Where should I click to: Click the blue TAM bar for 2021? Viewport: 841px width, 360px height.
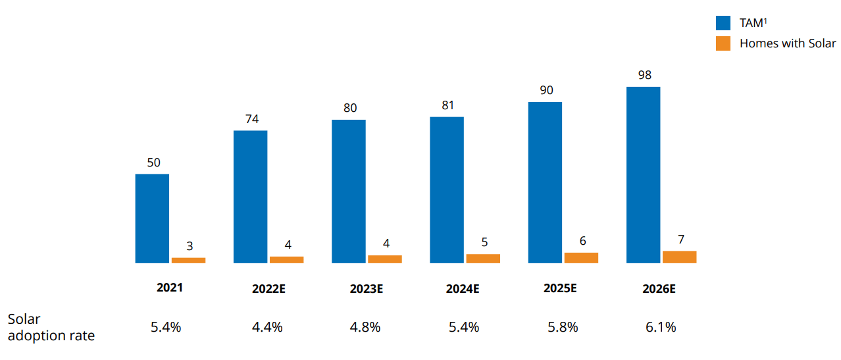click(x=152, y=219)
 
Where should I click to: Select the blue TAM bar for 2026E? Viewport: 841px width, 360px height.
click(x=643, y=175)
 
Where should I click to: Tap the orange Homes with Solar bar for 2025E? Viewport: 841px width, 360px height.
click(x=581, y=257)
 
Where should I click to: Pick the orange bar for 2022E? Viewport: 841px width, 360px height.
click(x=286, y=259)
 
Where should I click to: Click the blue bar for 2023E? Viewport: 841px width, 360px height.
click(x=348, y=192)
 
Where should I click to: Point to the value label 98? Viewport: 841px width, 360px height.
click(x=644, y=75)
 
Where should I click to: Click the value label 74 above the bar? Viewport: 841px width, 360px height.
click(x=251, y=119)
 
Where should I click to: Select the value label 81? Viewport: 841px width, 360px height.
click(x=447, y=105)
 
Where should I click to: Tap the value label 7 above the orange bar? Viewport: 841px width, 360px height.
click(x=680, y=240)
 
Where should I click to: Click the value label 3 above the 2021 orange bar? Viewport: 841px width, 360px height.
click(x=190, y=246)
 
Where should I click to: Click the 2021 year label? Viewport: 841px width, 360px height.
click(x=169, y=288)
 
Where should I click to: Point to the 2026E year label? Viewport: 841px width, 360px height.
click(x=659, y=288)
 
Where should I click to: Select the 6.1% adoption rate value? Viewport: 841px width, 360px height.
click(x=660, y=326)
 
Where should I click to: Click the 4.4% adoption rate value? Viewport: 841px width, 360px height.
click(x=267, y=326)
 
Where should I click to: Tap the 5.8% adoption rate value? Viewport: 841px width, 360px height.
click(x=562, y=326)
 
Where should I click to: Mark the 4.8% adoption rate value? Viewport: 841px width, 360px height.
click(x=365, y=326)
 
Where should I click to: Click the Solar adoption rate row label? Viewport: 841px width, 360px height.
click(x=51, y=327)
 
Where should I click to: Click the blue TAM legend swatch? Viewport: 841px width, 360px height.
click(x=723, y=23)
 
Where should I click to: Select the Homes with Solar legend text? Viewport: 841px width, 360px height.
click(x=787, y=43)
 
